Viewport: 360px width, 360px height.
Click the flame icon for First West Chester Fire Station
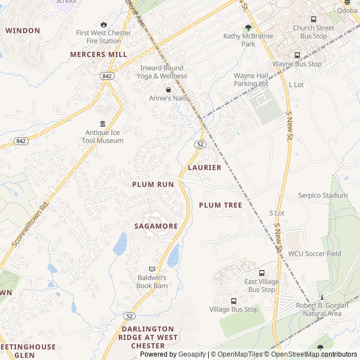(103, 24)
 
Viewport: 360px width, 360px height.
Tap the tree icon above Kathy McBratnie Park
(248, 28)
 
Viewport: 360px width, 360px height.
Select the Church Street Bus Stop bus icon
(313, 20)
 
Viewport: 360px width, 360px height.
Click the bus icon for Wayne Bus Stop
(297, 55)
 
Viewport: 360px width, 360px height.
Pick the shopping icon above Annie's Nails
(168, 89)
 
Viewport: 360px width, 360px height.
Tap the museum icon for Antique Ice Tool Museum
(102, 124)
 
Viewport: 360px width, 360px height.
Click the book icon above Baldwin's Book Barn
(152, 269)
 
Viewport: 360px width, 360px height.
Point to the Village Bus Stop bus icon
(233, 301)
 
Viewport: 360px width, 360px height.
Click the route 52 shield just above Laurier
(200, 145)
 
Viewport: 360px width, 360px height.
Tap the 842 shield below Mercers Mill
(107, 75)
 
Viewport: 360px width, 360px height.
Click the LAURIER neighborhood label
(205, 168)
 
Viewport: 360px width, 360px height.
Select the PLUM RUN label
(153, 184)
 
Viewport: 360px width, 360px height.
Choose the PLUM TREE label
(220, 205)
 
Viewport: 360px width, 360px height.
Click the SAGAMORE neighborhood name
(156, 226)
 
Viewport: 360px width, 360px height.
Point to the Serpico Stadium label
(323, 196)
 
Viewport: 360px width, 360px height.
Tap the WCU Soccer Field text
(314, 254)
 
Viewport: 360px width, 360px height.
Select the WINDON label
(23, 30)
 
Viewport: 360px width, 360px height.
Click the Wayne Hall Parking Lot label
(251, 79)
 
